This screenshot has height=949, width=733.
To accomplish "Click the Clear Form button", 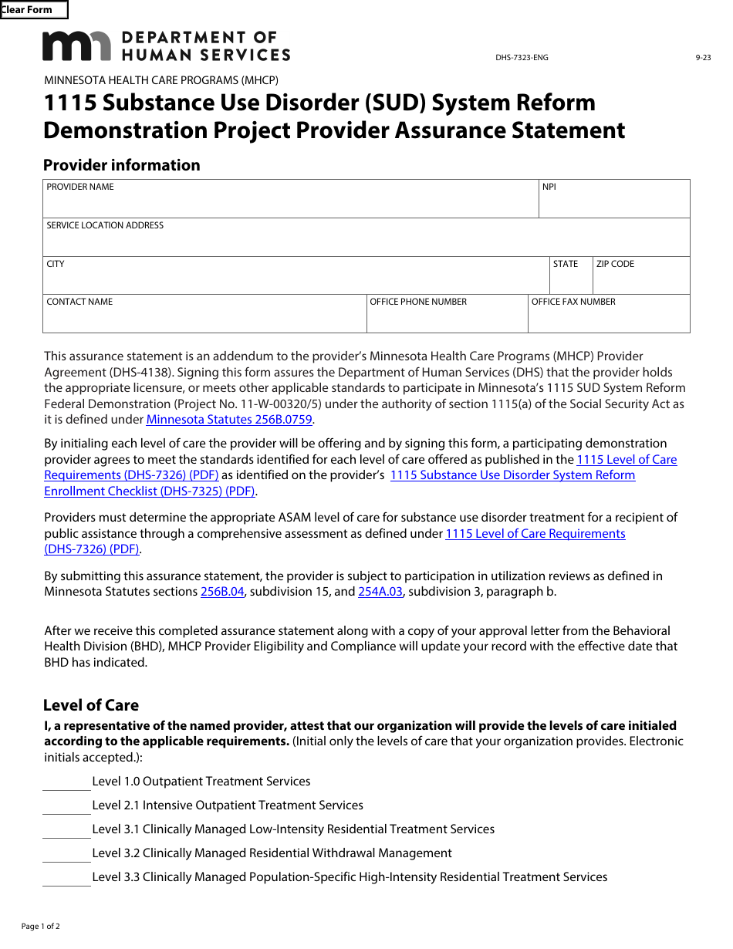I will (x=33, y=10).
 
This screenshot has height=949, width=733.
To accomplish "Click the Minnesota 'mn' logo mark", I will (x=77, y=46).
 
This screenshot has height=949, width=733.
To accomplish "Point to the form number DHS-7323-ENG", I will (x=522, y=58).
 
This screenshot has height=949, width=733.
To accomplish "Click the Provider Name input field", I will (x=290, y=204).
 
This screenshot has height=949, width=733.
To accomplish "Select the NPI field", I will (x=614, y=204).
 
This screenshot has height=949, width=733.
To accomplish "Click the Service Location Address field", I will (x=366, y=241).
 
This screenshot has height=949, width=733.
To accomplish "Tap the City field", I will (x=295, y=280).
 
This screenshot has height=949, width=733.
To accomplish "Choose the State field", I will (x=570, y=280).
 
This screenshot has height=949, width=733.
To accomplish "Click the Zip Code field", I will (x=640, y=280).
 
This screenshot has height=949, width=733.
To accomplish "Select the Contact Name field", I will (x=204, y=318).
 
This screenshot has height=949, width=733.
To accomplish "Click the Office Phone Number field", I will (x=447, y=318).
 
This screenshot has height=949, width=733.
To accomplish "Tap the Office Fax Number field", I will (x=608, y=318).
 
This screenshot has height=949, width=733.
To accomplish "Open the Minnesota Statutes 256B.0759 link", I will (x=230, y=420).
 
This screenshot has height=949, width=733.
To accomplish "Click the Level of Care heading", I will (x=91, y=705).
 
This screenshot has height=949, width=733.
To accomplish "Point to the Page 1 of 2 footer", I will (x=40, y=926).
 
